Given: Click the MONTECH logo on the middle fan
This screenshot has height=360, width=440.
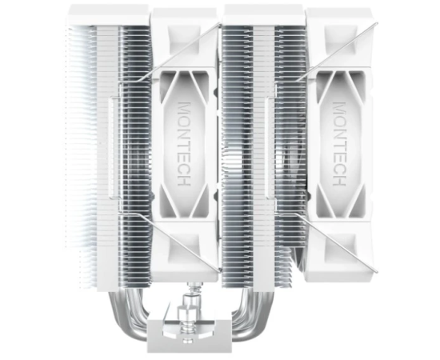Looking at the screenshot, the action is (x=185, y=144).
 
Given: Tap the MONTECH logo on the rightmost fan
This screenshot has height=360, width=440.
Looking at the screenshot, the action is (x=339, y=144).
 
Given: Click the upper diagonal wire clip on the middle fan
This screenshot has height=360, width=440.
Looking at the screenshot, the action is (x=178, y=53).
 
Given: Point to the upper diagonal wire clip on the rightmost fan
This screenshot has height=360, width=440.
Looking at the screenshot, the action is (x=337, y=53).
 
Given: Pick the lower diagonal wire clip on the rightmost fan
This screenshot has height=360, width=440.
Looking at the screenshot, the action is (x=337, y=242).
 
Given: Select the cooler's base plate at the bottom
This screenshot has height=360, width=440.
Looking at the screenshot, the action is (x=184, y=336).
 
